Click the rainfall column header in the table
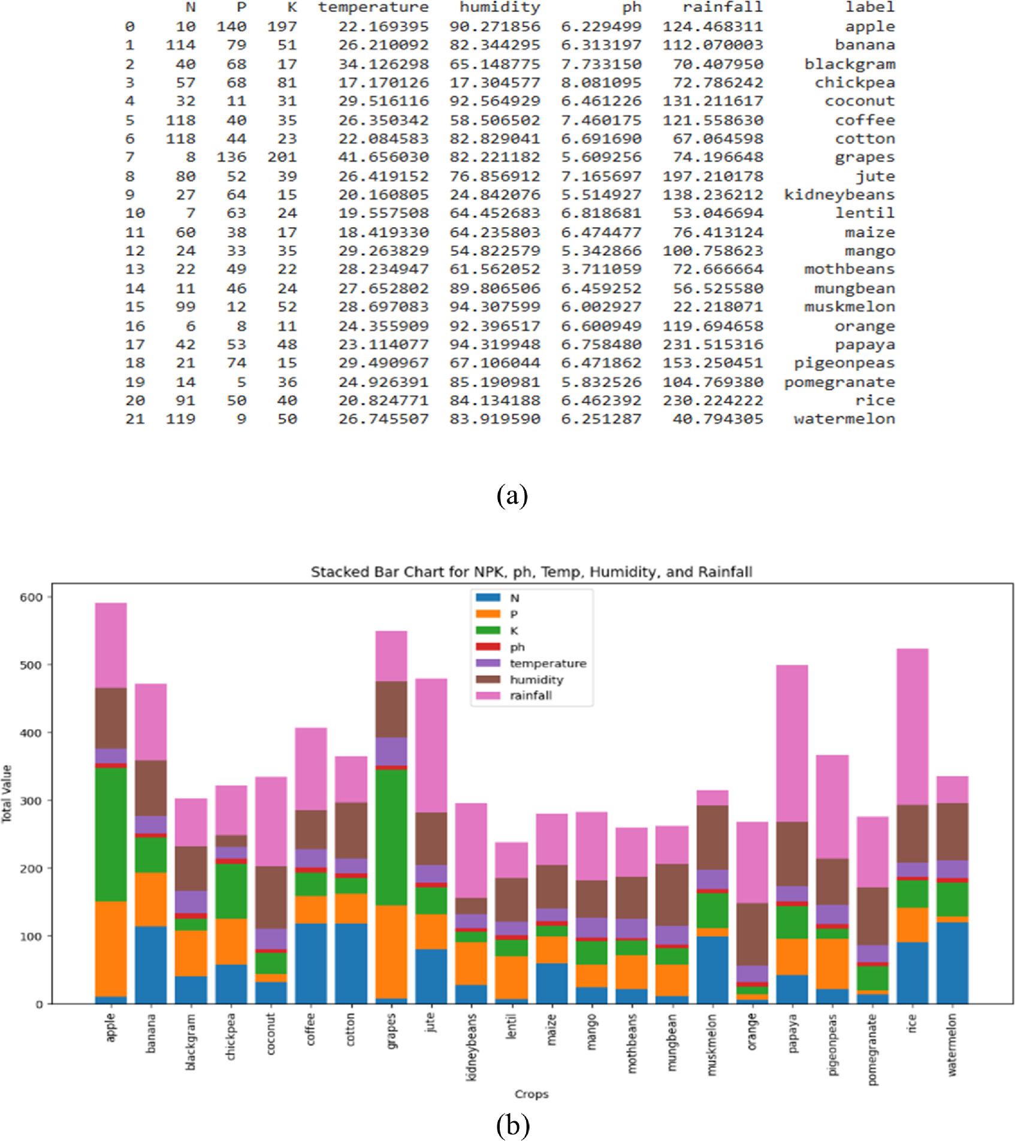click(x=723, y=7)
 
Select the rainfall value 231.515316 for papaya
click(x=713, y=345)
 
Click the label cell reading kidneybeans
click(x=839, y=195)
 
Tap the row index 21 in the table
click(x=135, y=419)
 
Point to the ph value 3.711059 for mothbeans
click(x=601, y=269)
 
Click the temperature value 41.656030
click(x=383, y=157)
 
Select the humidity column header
click(x=500, y=7)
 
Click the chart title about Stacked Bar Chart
click(x=531, y=572)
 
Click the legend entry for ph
click(x=517, y=647)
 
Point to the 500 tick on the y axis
click(x=31, y=665)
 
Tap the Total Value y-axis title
click(x=7, y=793)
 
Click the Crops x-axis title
click(x=531, y=1094)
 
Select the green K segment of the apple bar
click(x=111, y=834)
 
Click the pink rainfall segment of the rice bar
click(x=912, y=726)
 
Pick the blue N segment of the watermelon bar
click(x=952, y=962)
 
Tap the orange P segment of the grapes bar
click(x=391, y=952)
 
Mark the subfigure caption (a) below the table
click(x=512, y=496)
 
